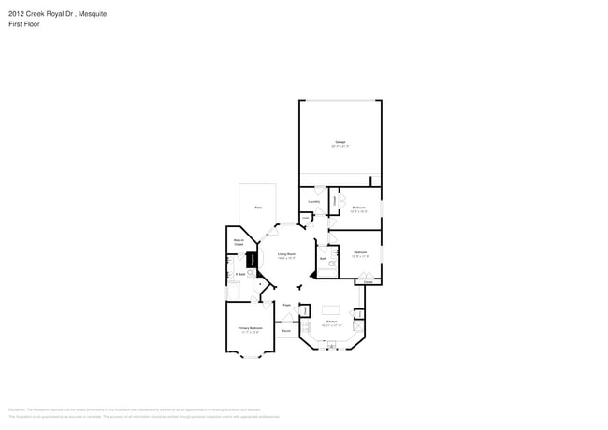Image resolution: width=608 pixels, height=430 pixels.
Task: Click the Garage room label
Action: pyautogui.click(x=340, y=142)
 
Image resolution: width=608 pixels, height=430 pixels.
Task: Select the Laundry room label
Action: pyautogui.click(x=313, y=201)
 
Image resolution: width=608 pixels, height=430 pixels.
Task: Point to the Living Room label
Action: pyautogui.click(x=286, y=253)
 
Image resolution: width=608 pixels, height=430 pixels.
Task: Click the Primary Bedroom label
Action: pyautogui.click(x=250, y=328)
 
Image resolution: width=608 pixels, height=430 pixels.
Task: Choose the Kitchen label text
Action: pyautogui.click(x=331, y=321)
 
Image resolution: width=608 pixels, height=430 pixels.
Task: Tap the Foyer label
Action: pyautogui.click(x=286, y=305)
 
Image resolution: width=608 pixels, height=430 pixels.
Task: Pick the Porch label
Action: pyautogui.click(x=286, y=331)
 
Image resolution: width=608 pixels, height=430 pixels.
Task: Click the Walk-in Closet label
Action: pyautogui.click(x=239, y=242)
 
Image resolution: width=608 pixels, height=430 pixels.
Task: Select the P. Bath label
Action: pyautogui.click(x=240, y=274)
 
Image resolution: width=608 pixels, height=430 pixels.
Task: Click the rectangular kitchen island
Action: pyautogui.click(x=331, y=309)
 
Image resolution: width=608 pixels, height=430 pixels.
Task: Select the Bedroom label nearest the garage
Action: pyautogui.click(x=358, y=208)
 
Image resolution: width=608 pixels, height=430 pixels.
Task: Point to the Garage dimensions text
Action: pyautogui.click(x=340, y=147)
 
